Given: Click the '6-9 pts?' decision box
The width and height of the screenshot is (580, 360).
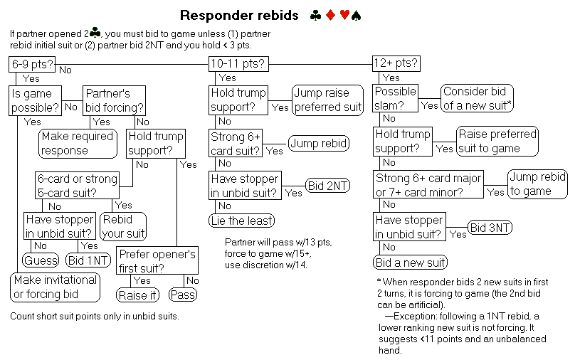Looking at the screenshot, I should click(x=33, y=64).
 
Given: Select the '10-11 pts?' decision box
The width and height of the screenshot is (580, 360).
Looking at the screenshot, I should click(x=238, y=64).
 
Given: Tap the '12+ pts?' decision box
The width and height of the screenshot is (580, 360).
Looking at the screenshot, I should click(x=396, y=64).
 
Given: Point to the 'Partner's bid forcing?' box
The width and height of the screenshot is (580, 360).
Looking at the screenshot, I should click(x=115, y=100).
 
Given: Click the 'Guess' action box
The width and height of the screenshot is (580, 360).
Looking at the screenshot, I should click(x=41, y=260).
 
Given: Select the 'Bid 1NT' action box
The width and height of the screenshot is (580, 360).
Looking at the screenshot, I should click(x=88, y=260).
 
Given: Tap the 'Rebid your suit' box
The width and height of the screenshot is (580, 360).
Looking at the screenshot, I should click(x=124, y=226).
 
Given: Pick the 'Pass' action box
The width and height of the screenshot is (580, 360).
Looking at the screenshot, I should click(x=183, y=295).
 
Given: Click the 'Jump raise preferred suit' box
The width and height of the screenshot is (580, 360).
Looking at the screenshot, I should click(x=328, y=100).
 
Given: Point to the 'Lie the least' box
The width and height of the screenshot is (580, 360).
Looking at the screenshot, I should click(x=242, y=221).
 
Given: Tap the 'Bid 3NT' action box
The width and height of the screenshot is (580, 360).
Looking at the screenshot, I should click(x=490, y=228).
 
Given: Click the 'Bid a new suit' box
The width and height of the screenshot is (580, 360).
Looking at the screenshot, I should click(x=411, y=263).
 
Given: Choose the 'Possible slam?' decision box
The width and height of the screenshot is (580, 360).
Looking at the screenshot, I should click(x=396, y=97).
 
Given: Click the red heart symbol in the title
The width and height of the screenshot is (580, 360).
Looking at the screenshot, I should click(x=344, y=15).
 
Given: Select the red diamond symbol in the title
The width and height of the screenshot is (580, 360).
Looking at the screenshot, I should click(x=331, y=15).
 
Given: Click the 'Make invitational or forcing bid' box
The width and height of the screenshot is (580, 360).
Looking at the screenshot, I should click(x=55, y=287).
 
